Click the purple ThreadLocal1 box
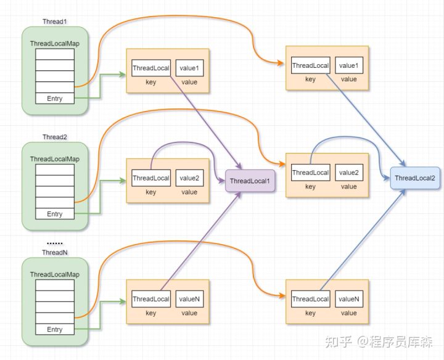click(x=250, y=181)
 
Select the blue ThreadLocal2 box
click(x=415, y=178)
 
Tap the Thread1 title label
click(x=55, y=22)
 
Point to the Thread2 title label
click(x=55, y=137)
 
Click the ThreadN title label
click(x=55, y=253)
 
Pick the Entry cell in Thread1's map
click(x=55, y=99)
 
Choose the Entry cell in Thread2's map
click(x=55, y=214)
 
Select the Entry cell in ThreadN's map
click(x=55, y=329)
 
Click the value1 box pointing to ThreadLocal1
click(x=189, y=68)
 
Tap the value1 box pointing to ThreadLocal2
click(x=349, y=65)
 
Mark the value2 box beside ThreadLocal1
click(x=189, y=178)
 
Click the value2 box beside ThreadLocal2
click(x=349, y=173)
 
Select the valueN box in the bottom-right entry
click(x=349, y=299)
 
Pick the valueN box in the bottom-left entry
click(x=189, y=299)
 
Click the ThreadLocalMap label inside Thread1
click(x=55, y=44)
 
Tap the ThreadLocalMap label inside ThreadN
click(x=55, y=274)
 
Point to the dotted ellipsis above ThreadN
click(x=55, y=243)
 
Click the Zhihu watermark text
click(x=379, y=342)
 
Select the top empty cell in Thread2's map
click(x=55, y=170)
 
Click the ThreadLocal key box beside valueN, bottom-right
click(x=310, y=299)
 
